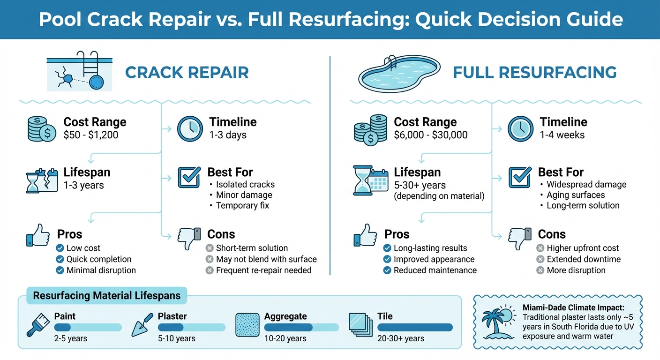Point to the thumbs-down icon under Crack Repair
189,238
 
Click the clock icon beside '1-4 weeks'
520,128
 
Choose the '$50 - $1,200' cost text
91,135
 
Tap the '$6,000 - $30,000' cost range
430,135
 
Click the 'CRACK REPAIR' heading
187,73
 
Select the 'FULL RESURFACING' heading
534,73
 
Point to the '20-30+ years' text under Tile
400,338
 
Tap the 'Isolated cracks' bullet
245,184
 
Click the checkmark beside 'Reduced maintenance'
388,270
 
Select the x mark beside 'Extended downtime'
540,259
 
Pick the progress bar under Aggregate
301,327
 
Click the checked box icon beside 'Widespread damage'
520,177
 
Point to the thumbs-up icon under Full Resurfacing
365,235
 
